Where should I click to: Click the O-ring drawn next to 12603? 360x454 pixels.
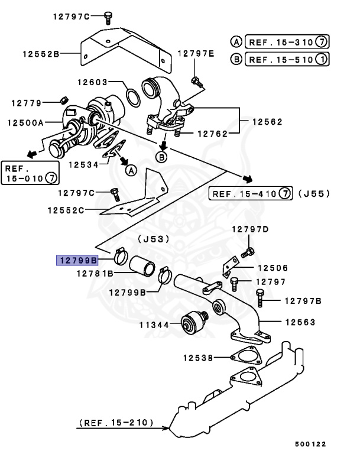(x=134, y=95)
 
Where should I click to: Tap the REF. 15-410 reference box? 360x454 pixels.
(x=251, y=193)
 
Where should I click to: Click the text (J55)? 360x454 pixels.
(x=314, y=193)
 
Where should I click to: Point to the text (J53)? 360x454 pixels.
(x=153, y=239)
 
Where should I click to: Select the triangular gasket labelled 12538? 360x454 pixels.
(x=245, y=358)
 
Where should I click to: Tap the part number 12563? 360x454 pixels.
(x=300, y=322)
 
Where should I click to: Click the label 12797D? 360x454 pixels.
(x=249, y=229)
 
